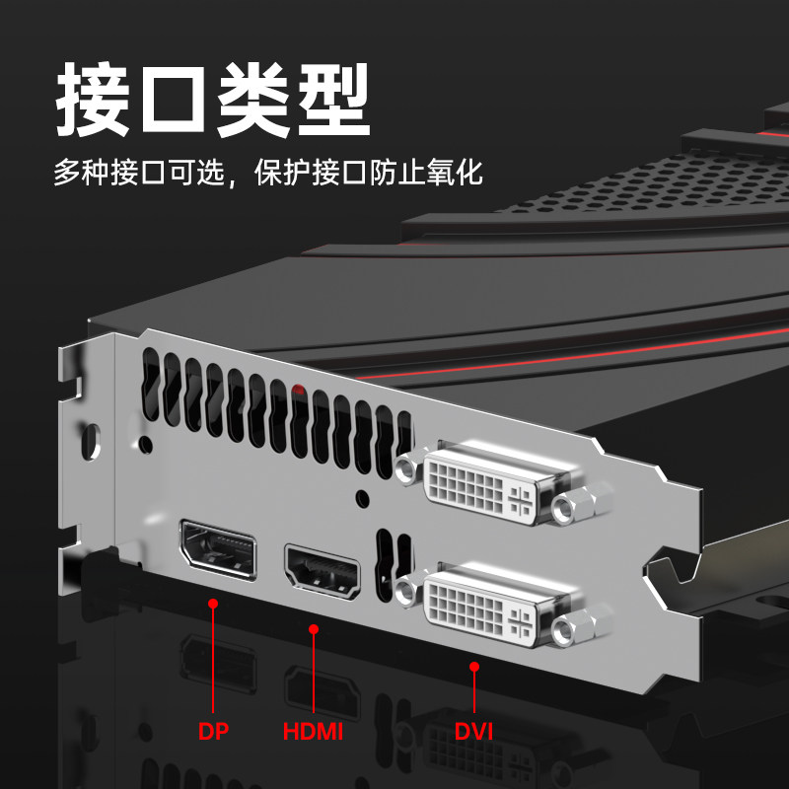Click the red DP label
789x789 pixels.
pos(213,732)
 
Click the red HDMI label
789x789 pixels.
pos(313,732)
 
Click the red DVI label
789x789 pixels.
pos(473,732)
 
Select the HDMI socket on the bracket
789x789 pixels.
pos(323,571)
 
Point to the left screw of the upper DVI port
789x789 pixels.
pos(406,469)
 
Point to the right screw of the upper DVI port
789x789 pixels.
pos(566,509)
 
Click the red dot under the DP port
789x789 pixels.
pos(212,602)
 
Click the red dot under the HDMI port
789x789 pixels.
pos(314,627)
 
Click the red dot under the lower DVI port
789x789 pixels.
pos(473,667)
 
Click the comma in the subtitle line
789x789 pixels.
pos(233,182)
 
